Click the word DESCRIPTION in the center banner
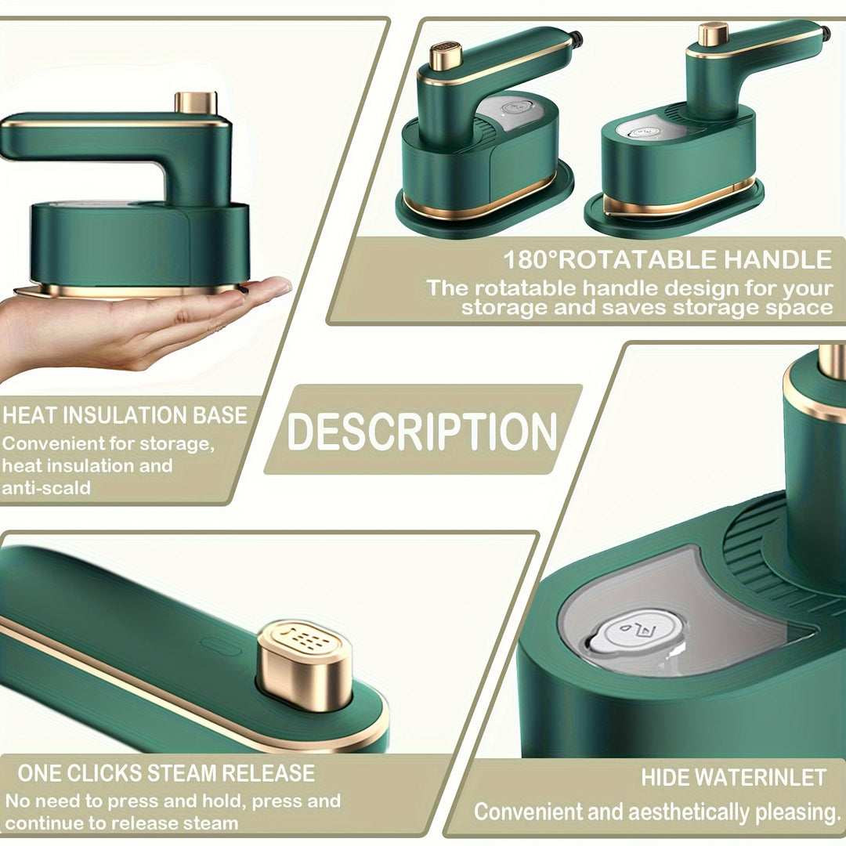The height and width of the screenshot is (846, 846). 422,430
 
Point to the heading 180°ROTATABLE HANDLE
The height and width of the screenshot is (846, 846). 667,259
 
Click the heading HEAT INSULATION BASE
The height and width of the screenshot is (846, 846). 125,415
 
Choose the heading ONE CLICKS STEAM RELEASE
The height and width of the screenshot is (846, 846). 165,774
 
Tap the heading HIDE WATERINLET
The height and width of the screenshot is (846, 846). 733,778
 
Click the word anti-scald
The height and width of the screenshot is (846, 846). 46,487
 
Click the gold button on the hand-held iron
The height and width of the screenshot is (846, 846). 195,102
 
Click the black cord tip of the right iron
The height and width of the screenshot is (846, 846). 825,33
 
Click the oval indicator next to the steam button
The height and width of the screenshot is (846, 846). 220,647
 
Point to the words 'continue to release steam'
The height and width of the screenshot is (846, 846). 121,823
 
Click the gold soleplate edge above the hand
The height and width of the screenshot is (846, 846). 125,291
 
